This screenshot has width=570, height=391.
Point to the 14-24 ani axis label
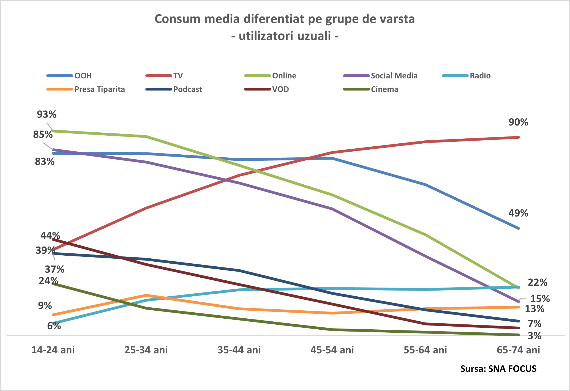(x=53, y=350)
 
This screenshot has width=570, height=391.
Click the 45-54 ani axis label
(x=332, y=350)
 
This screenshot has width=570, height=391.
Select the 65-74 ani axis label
(x=518, y=350)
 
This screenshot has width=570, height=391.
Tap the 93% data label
(x=47, y=114)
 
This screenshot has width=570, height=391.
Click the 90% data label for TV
(x=518, y=122)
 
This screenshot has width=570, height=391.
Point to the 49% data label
(x=518, y=213)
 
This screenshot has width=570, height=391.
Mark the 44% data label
(x=50, y=236)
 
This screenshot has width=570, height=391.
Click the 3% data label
(x=534, y=336)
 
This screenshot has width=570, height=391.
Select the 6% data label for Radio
(x=54, y=326)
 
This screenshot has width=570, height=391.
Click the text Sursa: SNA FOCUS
(x=498, y=369)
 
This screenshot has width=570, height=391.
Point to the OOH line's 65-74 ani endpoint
(x=519, y=228)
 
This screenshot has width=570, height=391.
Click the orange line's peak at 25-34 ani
(x=146, y=295)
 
